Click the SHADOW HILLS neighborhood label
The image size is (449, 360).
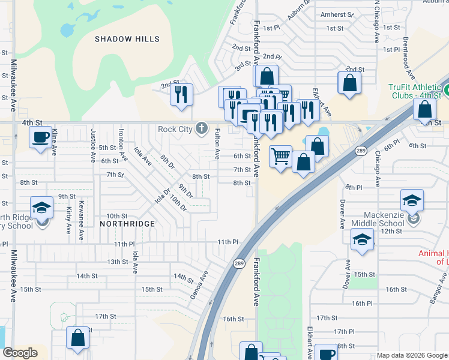[x=127, y=39]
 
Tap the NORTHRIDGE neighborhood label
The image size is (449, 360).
[x=127, y=223]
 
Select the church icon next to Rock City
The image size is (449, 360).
[x=201, y=128]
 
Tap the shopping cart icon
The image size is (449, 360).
[x=280, y=157]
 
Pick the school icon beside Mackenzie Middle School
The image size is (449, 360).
[x=412, y=200]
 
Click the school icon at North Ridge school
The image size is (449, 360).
[x=42, y=208]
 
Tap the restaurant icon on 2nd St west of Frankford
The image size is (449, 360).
[x=181, y=94]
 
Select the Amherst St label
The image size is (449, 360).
[x=336, y=14]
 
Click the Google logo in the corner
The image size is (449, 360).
[x=20, y=353]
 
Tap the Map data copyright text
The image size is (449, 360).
[x=412, y=355]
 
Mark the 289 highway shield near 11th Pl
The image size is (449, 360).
[x=239, y=263]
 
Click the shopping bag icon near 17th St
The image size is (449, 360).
[x=78, y=338]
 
